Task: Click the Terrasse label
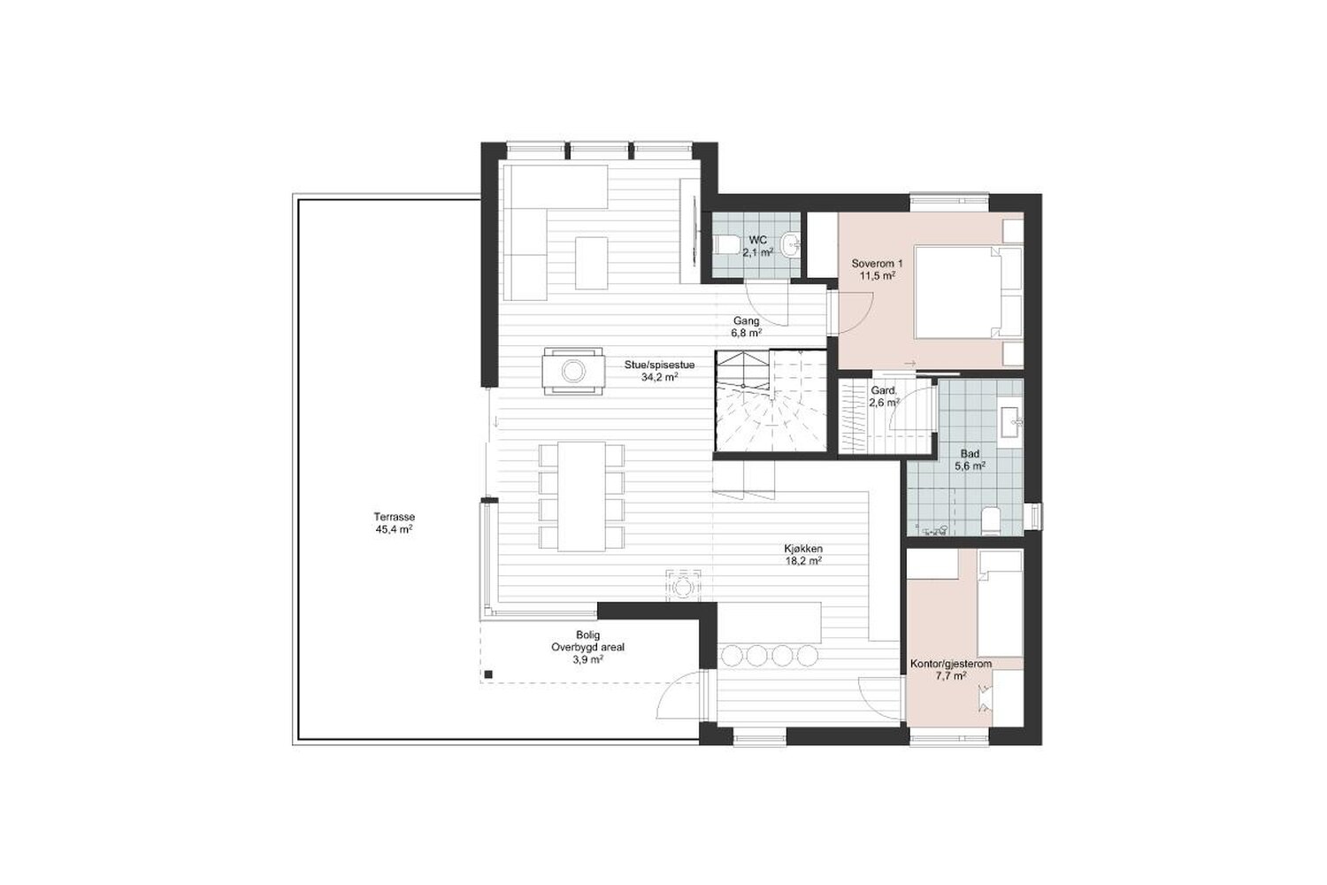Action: pos(394,516)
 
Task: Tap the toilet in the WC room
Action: pos(725,243)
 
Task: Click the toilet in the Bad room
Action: pos(991,520)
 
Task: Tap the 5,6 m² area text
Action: pos(970,466)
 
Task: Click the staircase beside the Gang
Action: pos(771,403)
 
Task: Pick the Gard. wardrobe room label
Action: pos(884,391)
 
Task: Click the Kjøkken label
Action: pos(802,549)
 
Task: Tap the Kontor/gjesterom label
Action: pos(951,664)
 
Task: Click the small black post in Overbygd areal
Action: pos(488,674)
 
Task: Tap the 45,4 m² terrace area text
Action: pos(394,528)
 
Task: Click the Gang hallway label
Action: pos(747,320)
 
